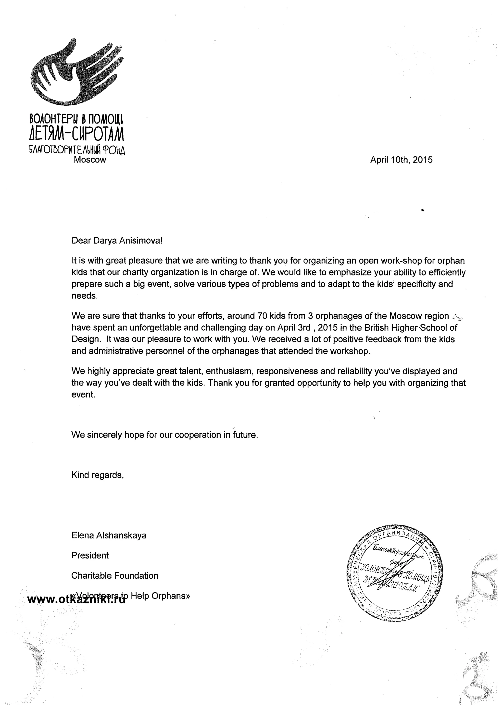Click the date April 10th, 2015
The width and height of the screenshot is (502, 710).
coord(401,160)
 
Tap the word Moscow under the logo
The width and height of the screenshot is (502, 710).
coord(90,160)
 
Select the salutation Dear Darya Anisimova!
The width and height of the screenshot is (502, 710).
coord(117,241)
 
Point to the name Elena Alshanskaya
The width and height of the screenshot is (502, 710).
coord(109,535)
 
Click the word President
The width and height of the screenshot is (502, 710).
coord(90,555)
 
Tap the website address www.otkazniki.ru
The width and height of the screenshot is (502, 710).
coord(76,599)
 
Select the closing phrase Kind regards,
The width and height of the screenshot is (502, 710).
coord(97,475)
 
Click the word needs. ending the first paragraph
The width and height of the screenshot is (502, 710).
coord(84,296)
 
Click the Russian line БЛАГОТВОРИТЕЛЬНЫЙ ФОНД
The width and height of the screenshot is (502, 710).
coord(77,150)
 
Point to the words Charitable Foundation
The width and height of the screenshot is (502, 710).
coord(114,575)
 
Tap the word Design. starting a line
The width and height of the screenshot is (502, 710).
coord(86,339)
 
